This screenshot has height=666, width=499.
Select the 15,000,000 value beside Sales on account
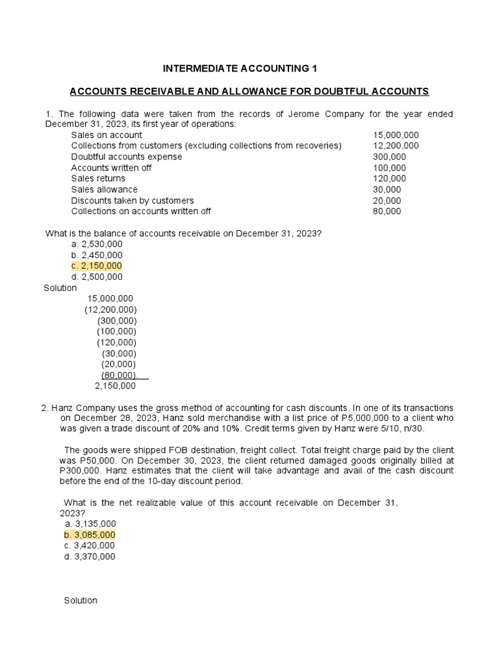click(x=396, y=135)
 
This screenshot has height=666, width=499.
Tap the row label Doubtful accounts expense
click(x=127, y=157)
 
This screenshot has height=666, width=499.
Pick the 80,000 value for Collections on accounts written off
click(x=387, y=211)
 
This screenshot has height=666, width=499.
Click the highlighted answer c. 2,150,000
click(x=97, y=266)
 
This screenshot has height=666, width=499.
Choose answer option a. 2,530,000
click(x=97, y=244)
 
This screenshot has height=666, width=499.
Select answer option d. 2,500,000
click(x=97, y=277)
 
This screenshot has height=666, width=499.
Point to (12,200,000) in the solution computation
click(x=110, y=310)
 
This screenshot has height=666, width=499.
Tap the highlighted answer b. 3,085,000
click(x=90, y=535)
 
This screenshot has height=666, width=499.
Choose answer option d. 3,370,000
click(x=90, y=557)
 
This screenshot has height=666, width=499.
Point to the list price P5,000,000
click(x=363, y=418)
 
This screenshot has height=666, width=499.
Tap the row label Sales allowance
click(x=104, y=189)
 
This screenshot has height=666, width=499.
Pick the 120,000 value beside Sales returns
click(x=389, y=179)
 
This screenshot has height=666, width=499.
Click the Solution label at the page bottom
click(x=81, y=600)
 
